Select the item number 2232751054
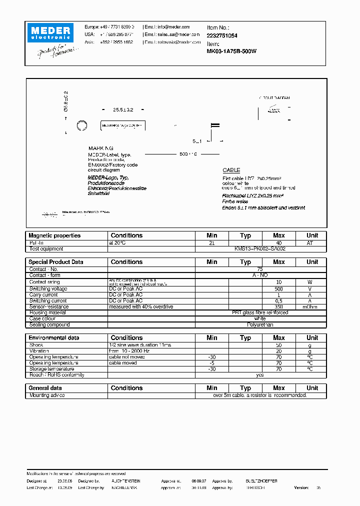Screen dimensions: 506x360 [222, 36]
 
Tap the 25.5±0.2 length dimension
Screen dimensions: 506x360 [122, 109]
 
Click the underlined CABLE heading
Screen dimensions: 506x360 [231, 170]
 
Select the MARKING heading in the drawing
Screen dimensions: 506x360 [101, 148]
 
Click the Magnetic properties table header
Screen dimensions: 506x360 [54, 235]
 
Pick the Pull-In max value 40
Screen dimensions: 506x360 [278, 242]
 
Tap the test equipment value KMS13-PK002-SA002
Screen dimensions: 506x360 [260, 248]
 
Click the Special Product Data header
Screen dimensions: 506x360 [56, 262]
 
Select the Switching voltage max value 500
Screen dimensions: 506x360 [278, 289]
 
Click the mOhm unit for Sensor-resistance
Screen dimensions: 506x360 [312, 307]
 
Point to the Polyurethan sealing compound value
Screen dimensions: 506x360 [260, 324]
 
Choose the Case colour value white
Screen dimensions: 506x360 [260, 318]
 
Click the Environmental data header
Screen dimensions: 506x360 [54, 338]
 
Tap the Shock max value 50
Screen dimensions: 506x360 [278, 345]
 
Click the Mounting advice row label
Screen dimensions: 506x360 [47, 395]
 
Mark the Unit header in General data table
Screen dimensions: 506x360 [312, 388]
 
